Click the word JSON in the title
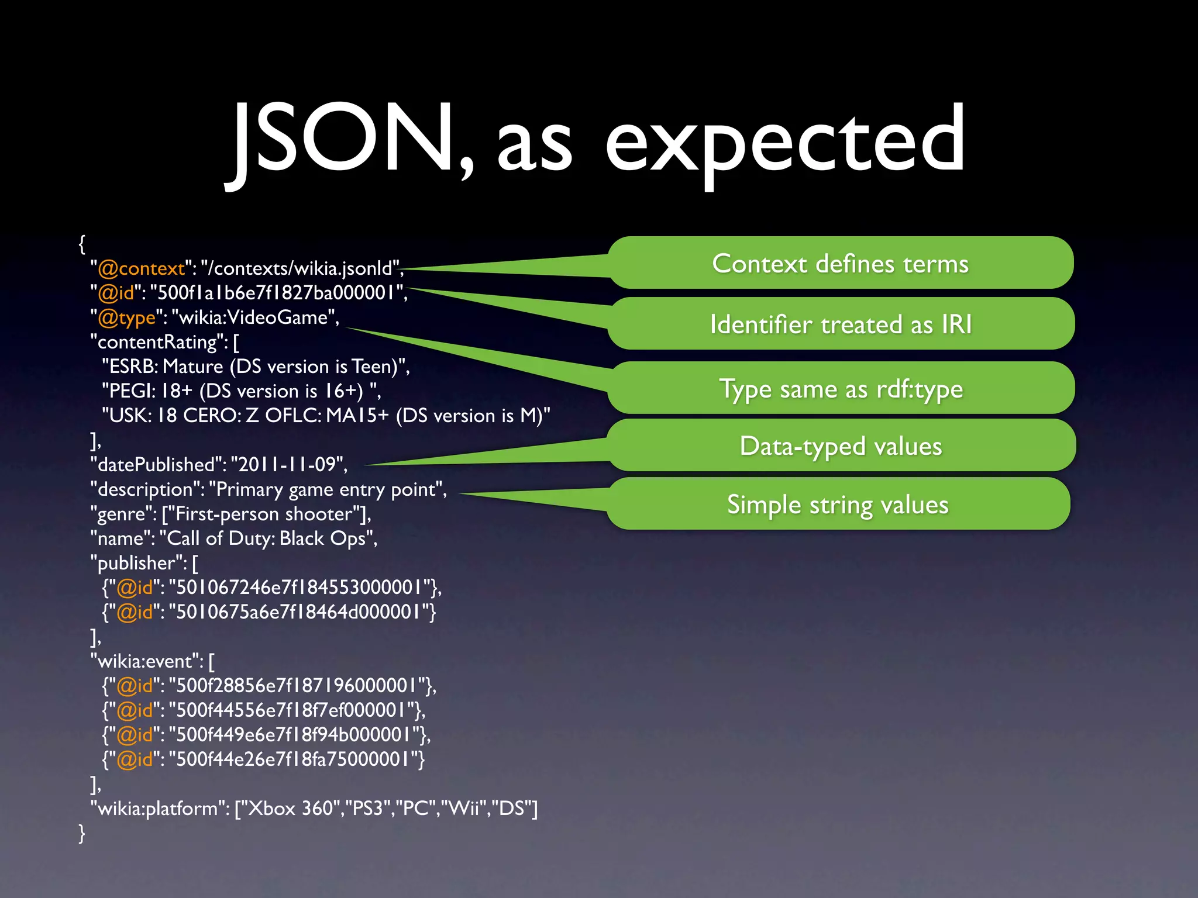pyautogui.click(x=345, y=140)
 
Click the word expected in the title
pyautogui.click(x=784, y=143)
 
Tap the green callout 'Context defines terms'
pyautogui.click(x=840, y=263)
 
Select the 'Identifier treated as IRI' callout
pyautogui.click(x=841, y=324)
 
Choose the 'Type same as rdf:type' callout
pyautogui.click(x=841, y=388)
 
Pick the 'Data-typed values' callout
pyautogui.click(x=841, y=445)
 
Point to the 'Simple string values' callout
pyautogui.click(x=838, y=504)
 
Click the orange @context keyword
pyautogui.click(x=141, y=268)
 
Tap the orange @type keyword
pyautogui.click(x=126, y=317)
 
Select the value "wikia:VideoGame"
pyautogui.click(x=255, y=317)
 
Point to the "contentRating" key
pyautogui.click(x=159, y=342)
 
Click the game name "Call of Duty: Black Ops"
pyautogui.click(x=268, y=538)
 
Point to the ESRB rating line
pyautogui.click(x=256, y=367)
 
